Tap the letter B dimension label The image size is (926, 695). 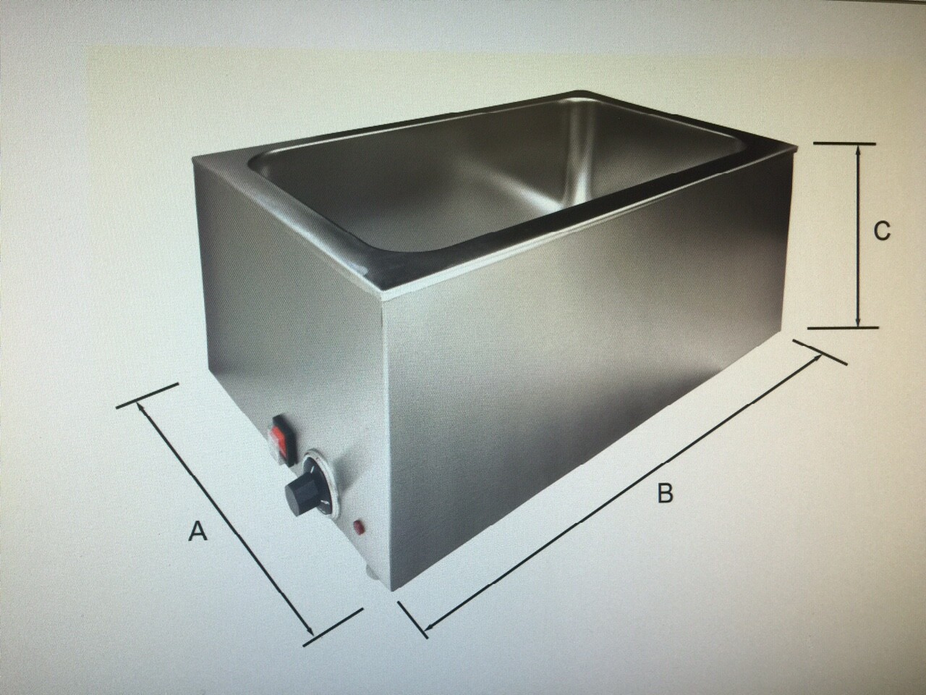coord(666,492)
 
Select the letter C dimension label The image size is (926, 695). coord(882,231)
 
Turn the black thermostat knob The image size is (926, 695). coord(300,490)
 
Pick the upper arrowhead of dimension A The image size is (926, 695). coord(142,408)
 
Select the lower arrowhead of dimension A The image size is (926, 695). coord(310,620)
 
